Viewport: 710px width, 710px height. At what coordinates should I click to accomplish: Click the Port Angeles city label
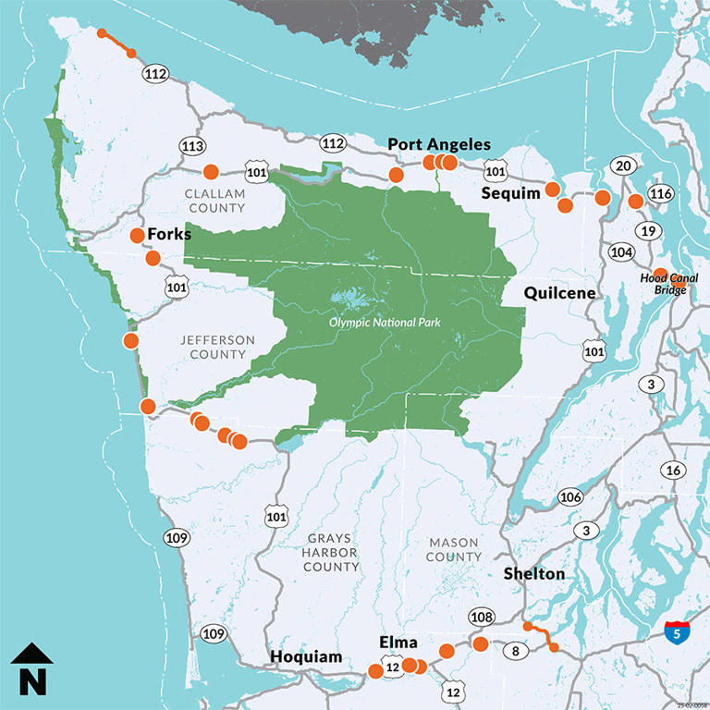point(438,144)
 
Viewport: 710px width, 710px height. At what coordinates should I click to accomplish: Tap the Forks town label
point(169,234)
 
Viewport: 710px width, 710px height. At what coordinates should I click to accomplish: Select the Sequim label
point(510,193)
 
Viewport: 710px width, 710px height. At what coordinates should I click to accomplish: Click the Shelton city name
point(533,574)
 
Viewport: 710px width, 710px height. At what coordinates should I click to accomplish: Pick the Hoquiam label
point(305,657)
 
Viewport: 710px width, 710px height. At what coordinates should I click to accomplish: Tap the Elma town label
point(398,643)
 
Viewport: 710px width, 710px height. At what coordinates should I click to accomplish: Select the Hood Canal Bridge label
point(672,284)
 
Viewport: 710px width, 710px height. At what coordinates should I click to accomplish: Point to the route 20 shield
point(622,165)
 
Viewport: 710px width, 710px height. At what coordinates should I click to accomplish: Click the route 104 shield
point(622,251)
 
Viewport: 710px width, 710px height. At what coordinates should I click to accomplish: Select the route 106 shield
point(571,497)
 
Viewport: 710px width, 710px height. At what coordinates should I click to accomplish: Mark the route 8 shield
point(514,651)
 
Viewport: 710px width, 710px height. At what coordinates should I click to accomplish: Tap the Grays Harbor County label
point(331,552)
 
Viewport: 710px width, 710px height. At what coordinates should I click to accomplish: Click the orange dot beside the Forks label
point(137,235)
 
